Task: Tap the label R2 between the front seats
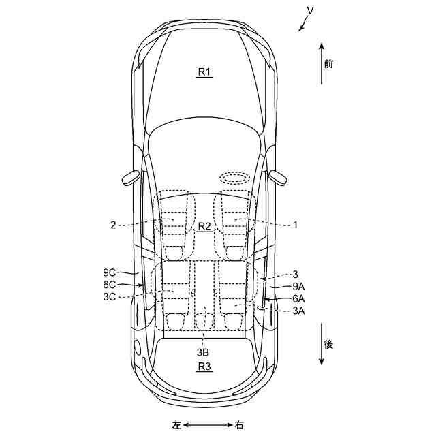click(x=205, y=226)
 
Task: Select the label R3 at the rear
click(x=204, y=367)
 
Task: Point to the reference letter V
click(x=310, y=11)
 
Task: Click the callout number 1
click(x=296, y=223)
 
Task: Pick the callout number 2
click(x=113, y=224)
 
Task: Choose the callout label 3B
click(x=203, y=352)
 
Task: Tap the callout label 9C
click(x=110, y=272)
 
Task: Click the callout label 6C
click(x=110, y=285)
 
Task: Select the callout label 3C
click(x=110, y=298)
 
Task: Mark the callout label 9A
click(x=298, y=286)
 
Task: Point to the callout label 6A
click(x=298, y=298)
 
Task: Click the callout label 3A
click(x=298, y=311)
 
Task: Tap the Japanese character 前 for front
click(x=329, y=65)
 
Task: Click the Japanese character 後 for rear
click(x=329, y=345)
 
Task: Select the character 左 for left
click(x=176, y=425)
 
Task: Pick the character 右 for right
click(x=239, y=425)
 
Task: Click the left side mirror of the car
click(x=131, y=178)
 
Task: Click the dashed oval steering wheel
click(x=234, y=177)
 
